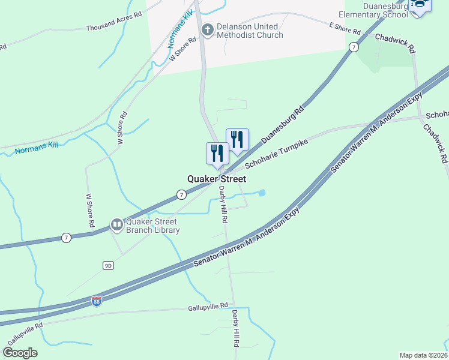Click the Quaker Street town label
pyautogui.click(x=217, y=179)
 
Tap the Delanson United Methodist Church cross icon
pyautogui.click(x=208, y=31)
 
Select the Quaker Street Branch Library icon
pyautogui.click(x=116, y=225)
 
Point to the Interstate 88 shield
pyautogui.click(x=97, y=301)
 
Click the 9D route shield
pyautogui.click(x=108, y=265)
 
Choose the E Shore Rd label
pyautogui.click(x=345, y=28)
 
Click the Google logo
pyautogui.click(x=20, y=352)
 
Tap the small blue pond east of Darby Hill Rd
pyautogui.click(x=262, y=193)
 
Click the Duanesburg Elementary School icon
pyautogui.click(x=420, y=5)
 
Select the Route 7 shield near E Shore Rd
pyautogui.click(x=355, y=46)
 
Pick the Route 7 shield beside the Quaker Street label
pyautogui.click(x=181, y=194)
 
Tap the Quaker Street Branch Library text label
pyautogui.click(x=152, y=225)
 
